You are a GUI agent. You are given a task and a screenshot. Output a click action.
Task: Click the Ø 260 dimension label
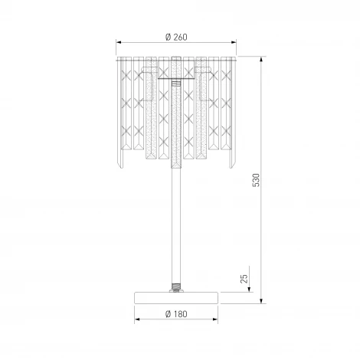176,38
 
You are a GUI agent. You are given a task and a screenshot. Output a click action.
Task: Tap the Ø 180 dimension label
176,314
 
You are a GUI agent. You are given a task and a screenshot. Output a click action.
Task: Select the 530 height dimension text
256,180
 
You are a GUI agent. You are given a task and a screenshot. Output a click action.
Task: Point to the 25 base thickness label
244,279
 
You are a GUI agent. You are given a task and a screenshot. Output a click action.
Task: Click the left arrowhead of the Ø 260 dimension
119,42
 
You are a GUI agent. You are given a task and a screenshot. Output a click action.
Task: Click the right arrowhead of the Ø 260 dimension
234,42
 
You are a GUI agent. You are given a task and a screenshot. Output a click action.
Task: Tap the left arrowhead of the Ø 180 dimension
137,319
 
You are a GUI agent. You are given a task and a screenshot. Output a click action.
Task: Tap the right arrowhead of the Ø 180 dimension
215,319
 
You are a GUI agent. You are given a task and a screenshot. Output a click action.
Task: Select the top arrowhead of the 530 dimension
261,60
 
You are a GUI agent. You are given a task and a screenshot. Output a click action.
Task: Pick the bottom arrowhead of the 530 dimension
261,300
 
